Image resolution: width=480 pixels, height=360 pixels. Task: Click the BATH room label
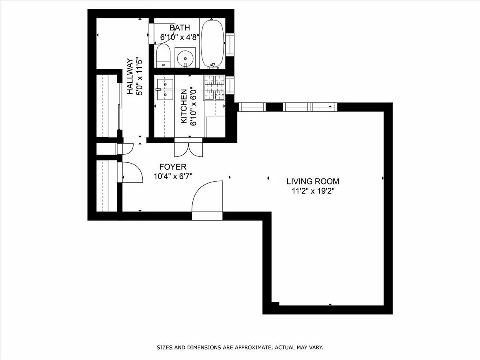(x=180, y=28)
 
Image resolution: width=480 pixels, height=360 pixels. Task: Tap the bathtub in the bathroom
(x=212, y=44)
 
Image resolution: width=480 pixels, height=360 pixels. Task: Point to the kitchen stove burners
(x=215, y=88)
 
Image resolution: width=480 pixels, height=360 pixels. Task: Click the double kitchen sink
(x=164, y=89)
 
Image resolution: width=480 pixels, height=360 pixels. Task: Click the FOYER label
(x=172, y=167)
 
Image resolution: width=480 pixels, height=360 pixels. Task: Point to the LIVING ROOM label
(x=312, y=181)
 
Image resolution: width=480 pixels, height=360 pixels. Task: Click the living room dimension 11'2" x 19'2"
(x=312, y=191)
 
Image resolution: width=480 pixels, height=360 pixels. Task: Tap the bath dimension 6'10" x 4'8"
(x=180, y=37)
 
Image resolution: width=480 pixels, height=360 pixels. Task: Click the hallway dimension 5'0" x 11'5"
(x=140, y=77)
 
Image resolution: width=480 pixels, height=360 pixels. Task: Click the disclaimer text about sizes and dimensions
(x=240, y=348)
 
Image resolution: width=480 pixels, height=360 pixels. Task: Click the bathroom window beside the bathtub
(x=230, y=44)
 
